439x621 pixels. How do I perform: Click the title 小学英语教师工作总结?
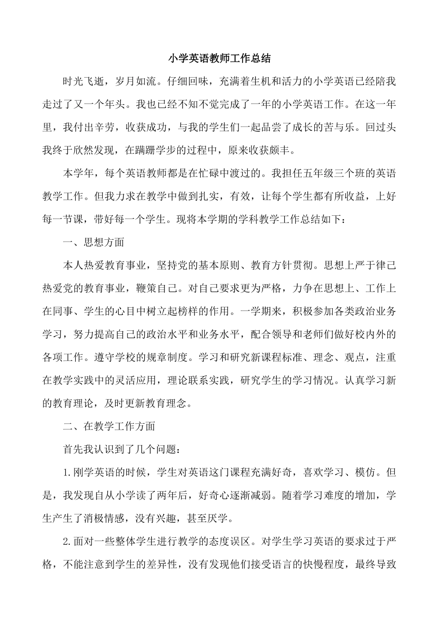click(x=219, y=59)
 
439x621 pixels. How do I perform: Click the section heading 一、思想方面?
click(x=93, y=242)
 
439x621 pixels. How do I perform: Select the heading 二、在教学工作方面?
click(x=109, y=426)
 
